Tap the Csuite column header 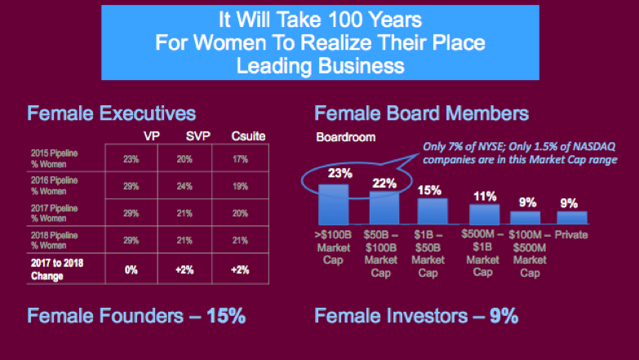tap(237, 135)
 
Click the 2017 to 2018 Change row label tap(57, 269)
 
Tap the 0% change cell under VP tap(131, 269)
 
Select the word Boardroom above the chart tap(346, 137)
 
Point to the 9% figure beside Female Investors tap(504, 316)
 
